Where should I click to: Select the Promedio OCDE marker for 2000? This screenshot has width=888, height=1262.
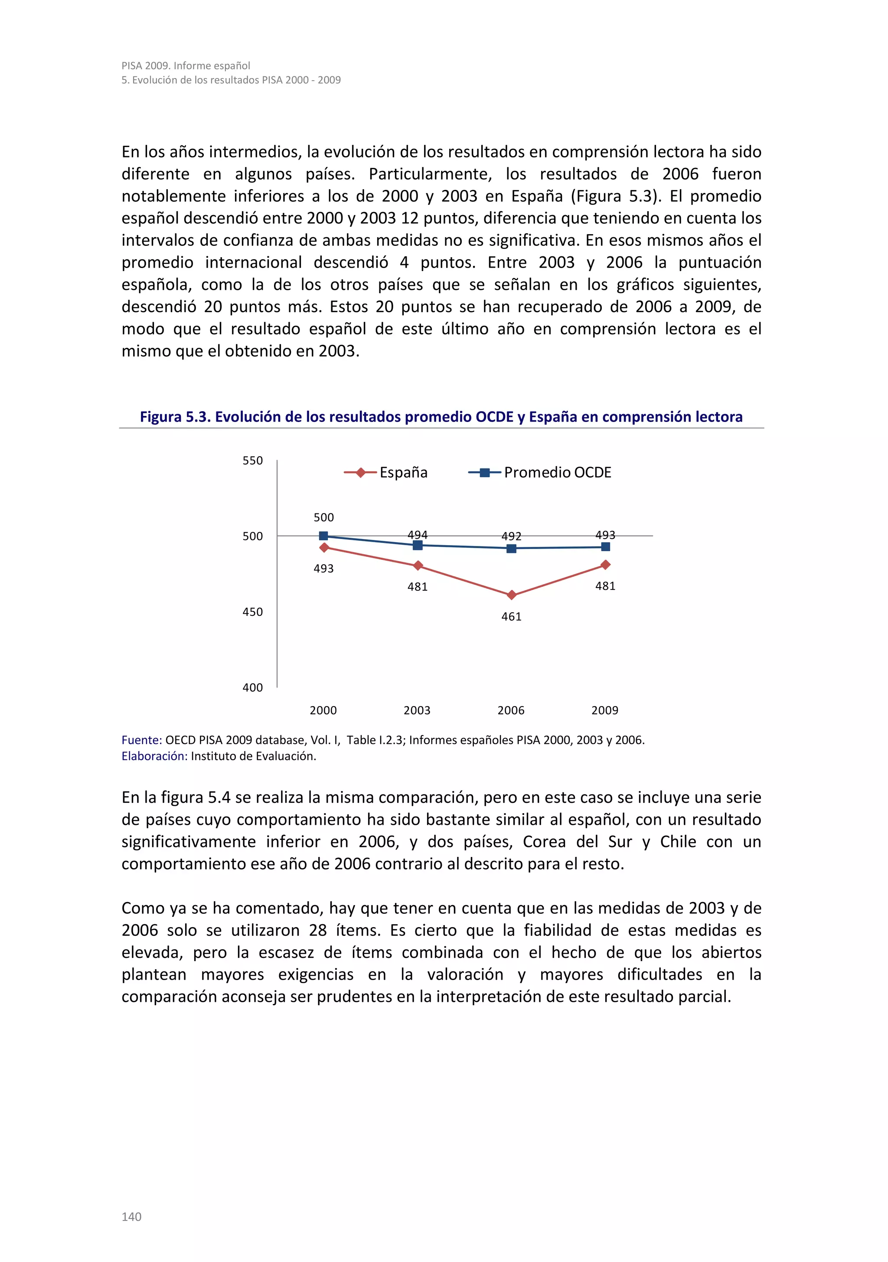point(323,536)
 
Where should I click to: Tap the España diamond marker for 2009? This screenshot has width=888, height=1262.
point(605,565)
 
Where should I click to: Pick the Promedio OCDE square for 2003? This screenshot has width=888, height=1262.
point(418,545)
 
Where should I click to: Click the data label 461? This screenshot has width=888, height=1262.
point(511,617)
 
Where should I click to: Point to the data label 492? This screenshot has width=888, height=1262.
point(511,536)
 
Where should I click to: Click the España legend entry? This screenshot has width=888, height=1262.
point(386,473)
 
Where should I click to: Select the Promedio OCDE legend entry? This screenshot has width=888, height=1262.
point(540,473)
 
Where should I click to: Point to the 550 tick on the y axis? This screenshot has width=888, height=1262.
point(253,461)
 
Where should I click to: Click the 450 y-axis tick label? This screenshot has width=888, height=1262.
point(253,612)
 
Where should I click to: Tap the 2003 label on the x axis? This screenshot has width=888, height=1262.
point(417,710)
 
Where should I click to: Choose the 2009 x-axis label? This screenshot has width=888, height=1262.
point(604,710)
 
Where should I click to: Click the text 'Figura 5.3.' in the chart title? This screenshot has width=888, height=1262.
point(175,417)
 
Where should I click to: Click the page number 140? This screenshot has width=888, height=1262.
point(131,1216)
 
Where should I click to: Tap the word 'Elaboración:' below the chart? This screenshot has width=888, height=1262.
point(154,756)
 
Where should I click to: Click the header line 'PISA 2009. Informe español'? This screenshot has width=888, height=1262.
point(186,65)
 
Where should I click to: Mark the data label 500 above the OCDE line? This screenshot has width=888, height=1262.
point(323,517)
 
